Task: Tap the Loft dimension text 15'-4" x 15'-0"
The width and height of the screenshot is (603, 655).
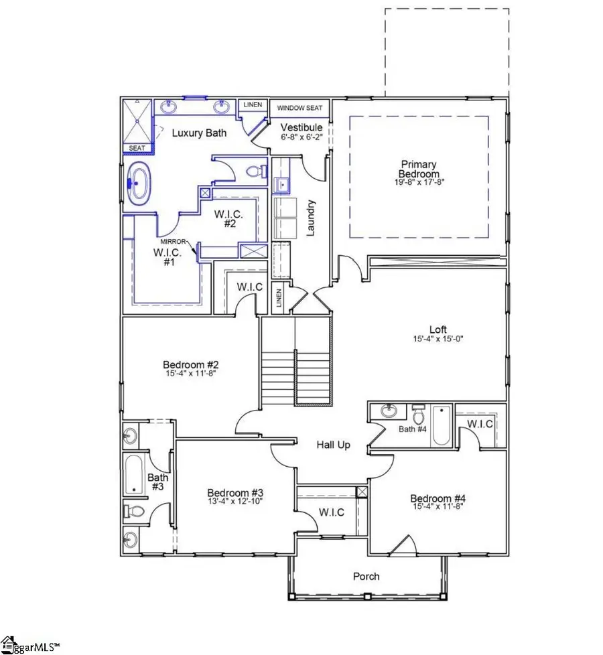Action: pyautogui.click(x=438, y=339)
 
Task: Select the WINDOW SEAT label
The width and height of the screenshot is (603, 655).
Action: pyautogui.click(x=300, y=108)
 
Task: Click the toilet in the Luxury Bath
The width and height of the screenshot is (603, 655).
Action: pyautogui.click(x=254, y=171)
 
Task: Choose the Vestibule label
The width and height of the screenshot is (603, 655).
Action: pyautogui.click(x=301, y=127)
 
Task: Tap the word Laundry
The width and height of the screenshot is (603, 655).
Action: pyautogui.click(x=311, y=218)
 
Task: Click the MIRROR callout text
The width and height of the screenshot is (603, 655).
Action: pyautogui.click(x=172, y=241)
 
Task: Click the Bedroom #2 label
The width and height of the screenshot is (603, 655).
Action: pyautogui.click(x=192, y=364)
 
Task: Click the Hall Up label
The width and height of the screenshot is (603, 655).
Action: pyautogui.click(x=333, y=445)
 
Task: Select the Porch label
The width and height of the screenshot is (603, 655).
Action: pyautogui.click(x=366, y=576)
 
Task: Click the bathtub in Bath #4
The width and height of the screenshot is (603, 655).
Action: pyautogui.click(x=441, y=426)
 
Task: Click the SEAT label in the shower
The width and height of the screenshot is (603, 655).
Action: pyautogui.click(x=136, y=149)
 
